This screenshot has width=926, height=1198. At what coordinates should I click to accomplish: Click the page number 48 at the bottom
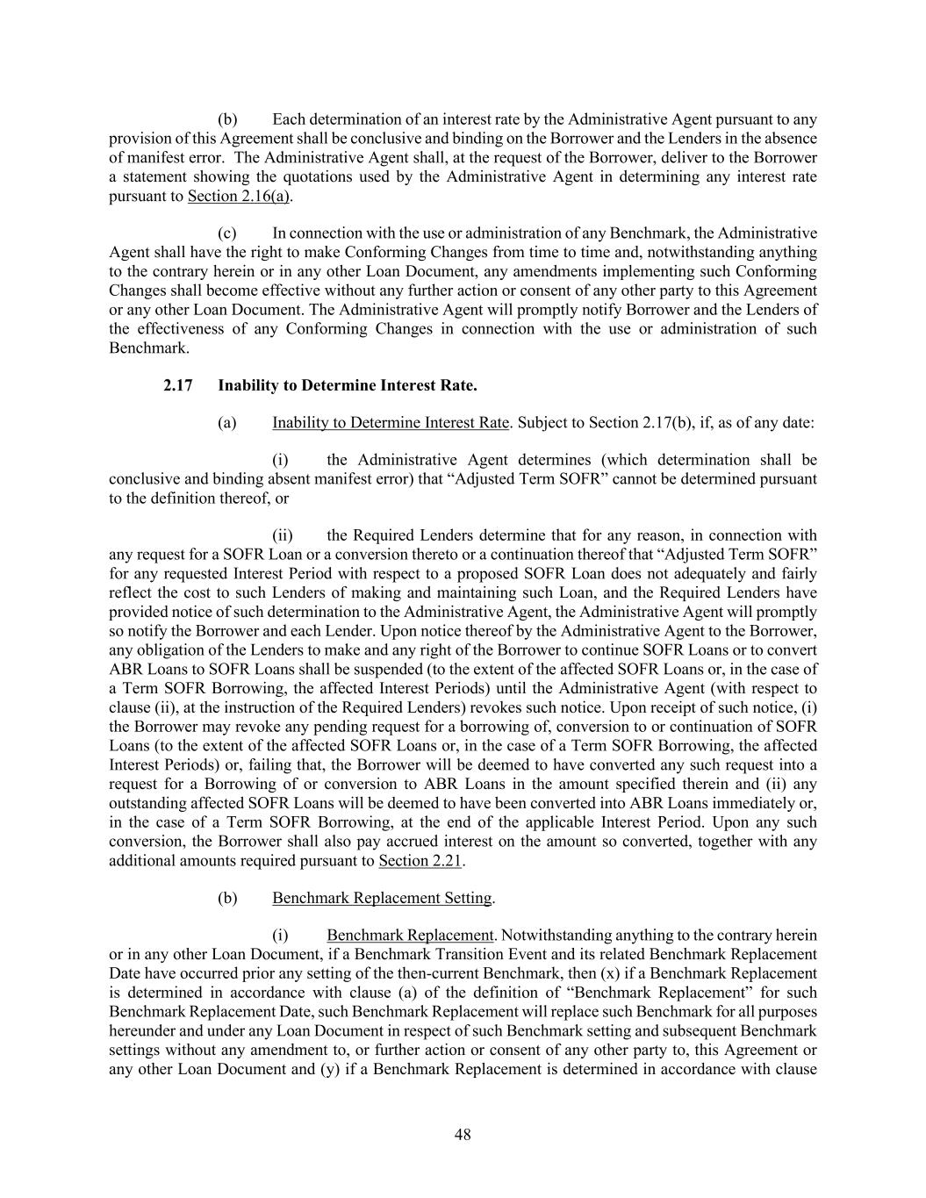[463, 1134]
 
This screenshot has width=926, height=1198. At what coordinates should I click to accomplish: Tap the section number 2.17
[178, 385]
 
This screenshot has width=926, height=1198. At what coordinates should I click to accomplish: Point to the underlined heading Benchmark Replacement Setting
[382, 898]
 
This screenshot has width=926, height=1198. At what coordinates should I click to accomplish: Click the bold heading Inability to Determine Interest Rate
[348, 385]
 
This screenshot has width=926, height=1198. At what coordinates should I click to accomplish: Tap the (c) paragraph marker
[227, 233]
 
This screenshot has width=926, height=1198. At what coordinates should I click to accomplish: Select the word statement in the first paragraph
[152, 176]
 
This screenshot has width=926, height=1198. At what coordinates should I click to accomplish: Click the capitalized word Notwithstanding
[556, 936]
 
